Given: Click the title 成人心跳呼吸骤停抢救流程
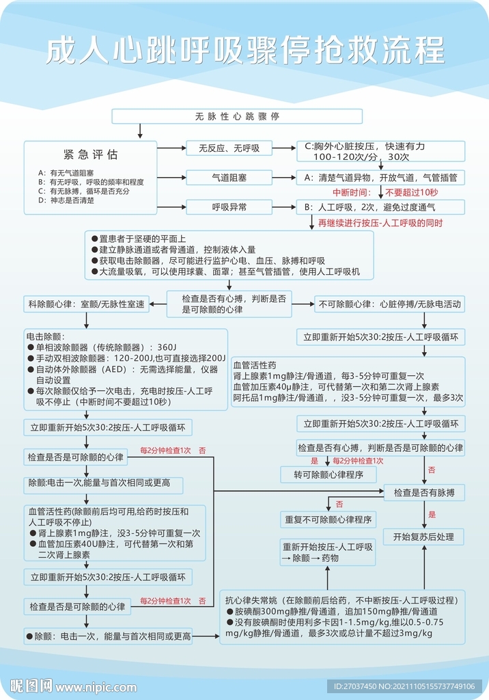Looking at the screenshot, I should coord(244,51).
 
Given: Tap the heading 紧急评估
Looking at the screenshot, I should coord(91,154).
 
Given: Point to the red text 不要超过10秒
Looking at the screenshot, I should coord(411,192).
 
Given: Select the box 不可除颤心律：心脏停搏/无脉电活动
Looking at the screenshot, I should coord(390,304).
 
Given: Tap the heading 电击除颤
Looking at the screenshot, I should coord(45,337).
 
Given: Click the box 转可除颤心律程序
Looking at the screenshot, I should coord(329,474).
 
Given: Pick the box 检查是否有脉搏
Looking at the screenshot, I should coord(424,492).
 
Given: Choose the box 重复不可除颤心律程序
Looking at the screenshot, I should coord(329,520).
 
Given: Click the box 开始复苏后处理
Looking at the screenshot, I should coord(424,537).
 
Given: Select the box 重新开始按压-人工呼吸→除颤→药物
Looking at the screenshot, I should coord(329,552).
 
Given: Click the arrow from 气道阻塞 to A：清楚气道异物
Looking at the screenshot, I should coord(283,178).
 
